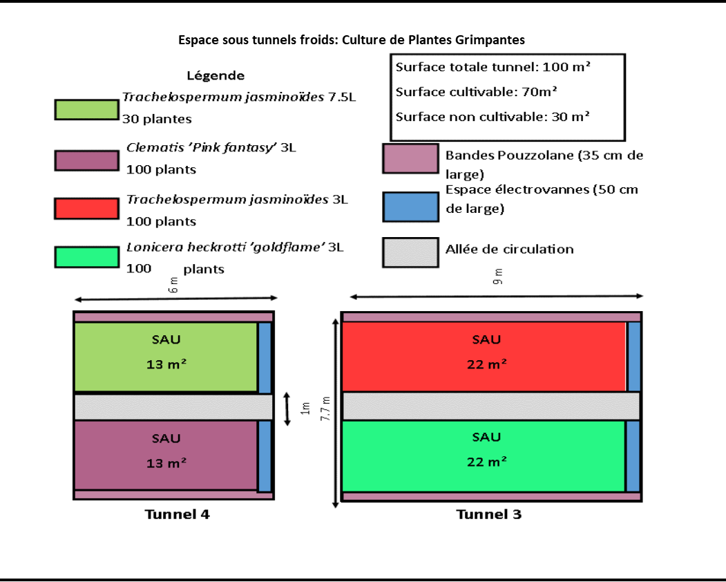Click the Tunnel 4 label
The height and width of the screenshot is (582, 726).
(x=177, y=514)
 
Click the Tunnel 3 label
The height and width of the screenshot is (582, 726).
(x=489, y=514)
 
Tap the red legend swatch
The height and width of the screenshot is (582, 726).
(x=86, y=208)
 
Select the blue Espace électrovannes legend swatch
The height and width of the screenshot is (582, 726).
(x=410, y=207)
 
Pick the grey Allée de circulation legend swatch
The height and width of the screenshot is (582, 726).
(x=410, y=252)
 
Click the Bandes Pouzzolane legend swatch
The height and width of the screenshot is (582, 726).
(x=410, y=158)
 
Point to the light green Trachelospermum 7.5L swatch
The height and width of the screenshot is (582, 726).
(x=86, y=109)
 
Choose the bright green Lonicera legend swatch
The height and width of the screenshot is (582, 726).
(x=86, y=256)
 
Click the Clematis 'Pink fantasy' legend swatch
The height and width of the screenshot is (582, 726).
(x=86, y=159)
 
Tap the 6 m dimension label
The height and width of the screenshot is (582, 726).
(x=174, y=285)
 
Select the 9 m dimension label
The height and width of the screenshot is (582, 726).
(x=498, y=276)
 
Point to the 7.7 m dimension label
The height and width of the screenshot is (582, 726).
(x=326, y=409)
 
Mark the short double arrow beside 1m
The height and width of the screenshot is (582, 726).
(x=287, y=409)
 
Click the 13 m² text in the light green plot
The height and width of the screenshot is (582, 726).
(x=166, y=364)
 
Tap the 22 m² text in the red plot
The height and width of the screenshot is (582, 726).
(x=486, y=364)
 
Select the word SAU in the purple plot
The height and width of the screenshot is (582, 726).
(x=166, y=438)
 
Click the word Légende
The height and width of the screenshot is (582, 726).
(x=216, y=75)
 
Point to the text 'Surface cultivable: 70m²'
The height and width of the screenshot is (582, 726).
(x=477, y=91)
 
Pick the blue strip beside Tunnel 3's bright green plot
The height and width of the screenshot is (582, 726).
(x=633, y=456)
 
